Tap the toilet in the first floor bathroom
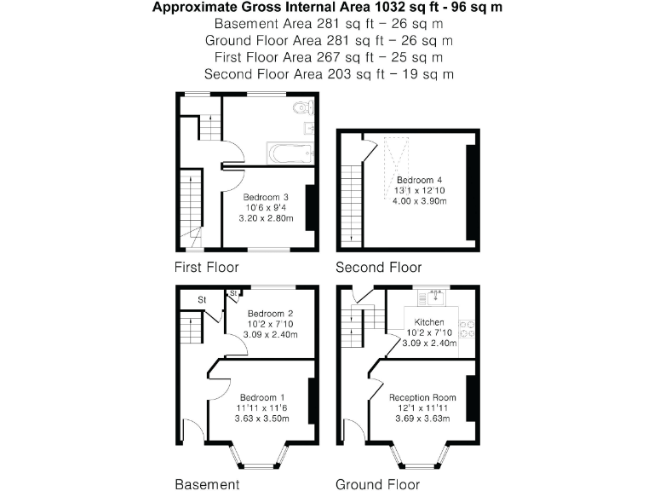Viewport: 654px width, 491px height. [x=302, y=108]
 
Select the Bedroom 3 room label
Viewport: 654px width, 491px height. [x=267, y=198]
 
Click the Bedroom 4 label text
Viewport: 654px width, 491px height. [x=419, y=180]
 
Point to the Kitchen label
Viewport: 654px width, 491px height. [x=430, y=322]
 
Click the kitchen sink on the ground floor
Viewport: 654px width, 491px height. [x=435, y=297]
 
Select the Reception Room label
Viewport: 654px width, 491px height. [x=422, y=398]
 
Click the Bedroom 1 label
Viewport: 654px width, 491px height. [x=262, y=398]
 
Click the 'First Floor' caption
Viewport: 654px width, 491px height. [x=206, y=267]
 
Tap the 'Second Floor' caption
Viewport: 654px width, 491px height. [x=378, y=267]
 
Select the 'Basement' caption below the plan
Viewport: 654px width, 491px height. [x=207, y=484]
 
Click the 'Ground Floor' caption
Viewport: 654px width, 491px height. [x=377, y=484]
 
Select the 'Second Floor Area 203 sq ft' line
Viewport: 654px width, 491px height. [x=328, y=73]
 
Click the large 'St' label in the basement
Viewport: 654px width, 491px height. [x=202, y=300]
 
